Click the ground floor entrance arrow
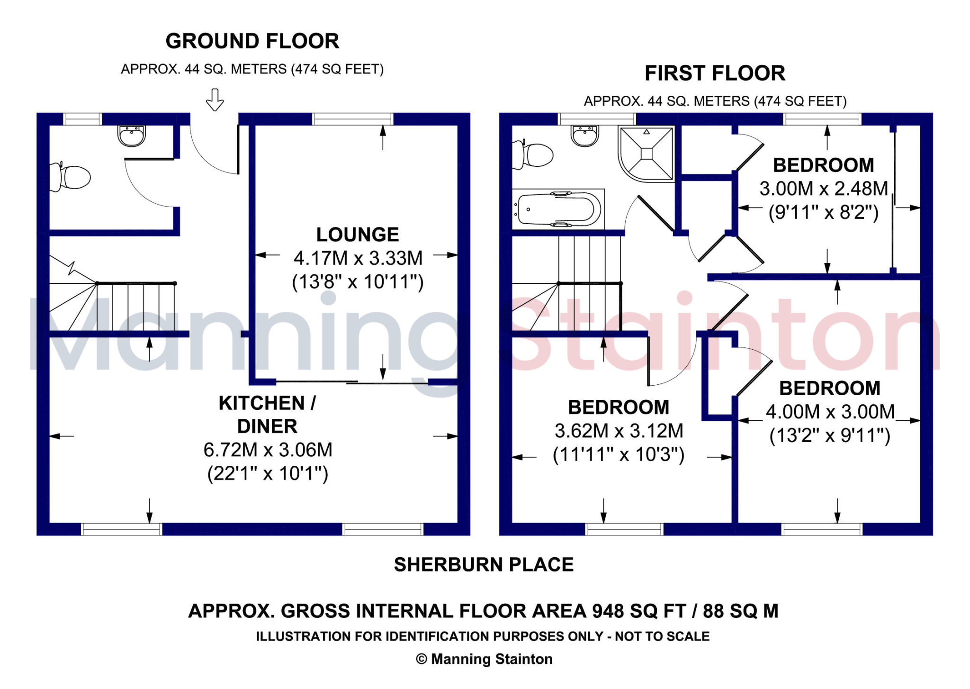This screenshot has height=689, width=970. pyautogui.click(x=215, y=100)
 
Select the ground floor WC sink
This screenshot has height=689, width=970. pyautogui.click(x=131, y=136)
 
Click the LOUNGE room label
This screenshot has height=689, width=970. pyautogui.click(x=358, y=235)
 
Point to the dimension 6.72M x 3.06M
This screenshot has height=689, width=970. pyautogui.click(x=268, y=450)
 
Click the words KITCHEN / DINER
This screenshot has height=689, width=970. pyautogui.click(x=267, y=414)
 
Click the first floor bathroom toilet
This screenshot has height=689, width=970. pyautogui.click(x=535, y=154)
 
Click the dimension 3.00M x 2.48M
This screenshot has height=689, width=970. pyautogui.click(x=824, y=189)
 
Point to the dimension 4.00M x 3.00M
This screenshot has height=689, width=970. pyautogui.click(x=830, y=412)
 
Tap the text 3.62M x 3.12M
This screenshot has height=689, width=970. pyautogui.click(x=619, y=431)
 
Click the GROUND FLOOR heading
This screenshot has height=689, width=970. pyautogui.click(x=252, y=41)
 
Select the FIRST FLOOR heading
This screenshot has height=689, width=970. pyautogui.click(x=715, y=73)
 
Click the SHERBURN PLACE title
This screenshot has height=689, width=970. pyautogui.click(x=484, y=565)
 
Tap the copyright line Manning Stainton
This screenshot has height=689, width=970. pyautogui.click(x=484, y=659)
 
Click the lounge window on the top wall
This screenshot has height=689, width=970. pyautogui.click(x=352, y=118)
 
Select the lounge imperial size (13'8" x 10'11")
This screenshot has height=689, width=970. pyautogui.click(x=358, y=282)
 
